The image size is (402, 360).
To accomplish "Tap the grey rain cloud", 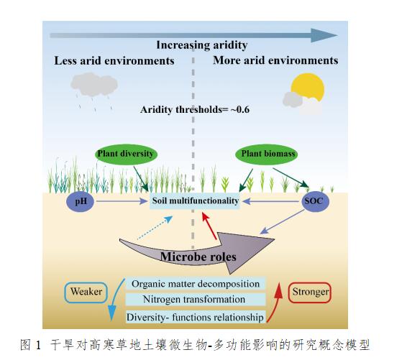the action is pos(94,85).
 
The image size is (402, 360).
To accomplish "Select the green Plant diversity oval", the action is pos(126,154).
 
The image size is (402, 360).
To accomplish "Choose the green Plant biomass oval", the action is pos(267,154).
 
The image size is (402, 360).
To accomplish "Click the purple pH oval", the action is pos(81,201).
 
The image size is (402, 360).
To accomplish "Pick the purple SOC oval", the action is pos(315,201).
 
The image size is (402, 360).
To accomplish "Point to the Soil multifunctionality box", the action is pos(195,201).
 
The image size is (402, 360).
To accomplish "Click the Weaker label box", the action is pos(86,292).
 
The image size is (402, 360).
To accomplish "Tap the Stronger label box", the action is pos(310,292).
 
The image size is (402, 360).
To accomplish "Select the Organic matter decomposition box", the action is pos(196,284).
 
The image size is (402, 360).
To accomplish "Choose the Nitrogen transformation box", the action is pos(196,299).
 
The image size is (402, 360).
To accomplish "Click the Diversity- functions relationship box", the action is pos(196,317).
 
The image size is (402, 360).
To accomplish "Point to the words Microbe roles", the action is pos(198,257).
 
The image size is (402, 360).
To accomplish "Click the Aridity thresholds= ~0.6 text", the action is pos(195,110).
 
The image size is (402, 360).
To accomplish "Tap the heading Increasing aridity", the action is pos(202,45).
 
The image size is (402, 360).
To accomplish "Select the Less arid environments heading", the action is pos(114,61).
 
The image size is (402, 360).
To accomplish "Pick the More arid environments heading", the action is pos(275,60).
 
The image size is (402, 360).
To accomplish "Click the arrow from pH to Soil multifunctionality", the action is pos(122,201).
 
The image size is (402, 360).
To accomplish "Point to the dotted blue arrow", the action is pos(155,228).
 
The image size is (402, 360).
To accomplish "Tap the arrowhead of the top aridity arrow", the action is pos(324,35).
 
